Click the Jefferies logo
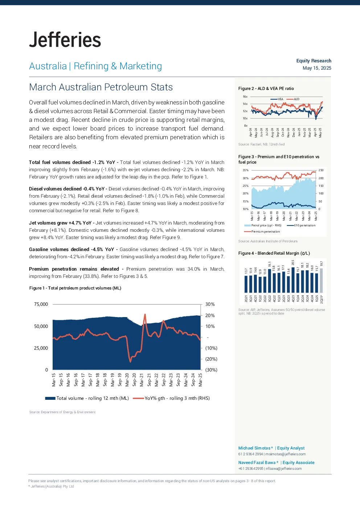pos(65,40)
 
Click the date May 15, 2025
pos(317,68)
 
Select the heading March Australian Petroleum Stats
pos(101,87)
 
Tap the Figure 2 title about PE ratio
pos(266,89)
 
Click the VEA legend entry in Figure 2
pos(277,99)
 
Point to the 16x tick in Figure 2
pos(245,97)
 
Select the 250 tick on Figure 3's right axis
pos(321,170)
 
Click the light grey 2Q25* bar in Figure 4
pos(322,281)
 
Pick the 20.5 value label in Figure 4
pos(293,262)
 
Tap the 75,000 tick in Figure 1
pos(41,304)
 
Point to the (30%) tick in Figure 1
pos(211,370)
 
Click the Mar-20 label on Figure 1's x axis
pos(127,380)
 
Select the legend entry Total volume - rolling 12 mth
pos(87,398)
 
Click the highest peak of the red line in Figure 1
pos(145,314)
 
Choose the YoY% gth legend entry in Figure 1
pos(171,398)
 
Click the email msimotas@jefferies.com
pos(286,454)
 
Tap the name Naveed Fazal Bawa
pos(257,463)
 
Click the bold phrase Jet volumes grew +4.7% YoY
pos(60,223)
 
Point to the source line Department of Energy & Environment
pos(62,412)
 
